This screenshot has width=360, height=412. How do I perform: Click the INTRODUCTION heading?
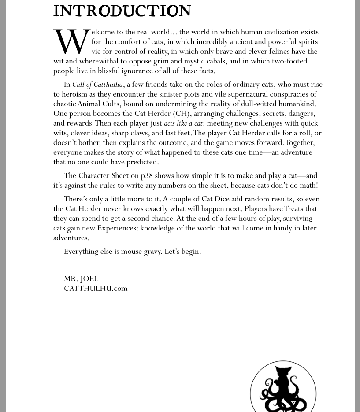pos(122,11)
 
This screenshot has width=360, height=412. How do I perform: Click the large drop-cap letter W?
pos(72,41)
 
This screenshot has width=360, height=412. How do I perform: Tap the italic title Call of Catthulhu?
pos(97,85)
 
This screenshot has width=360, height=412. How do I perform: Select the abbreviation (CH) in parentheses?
pos(182,114)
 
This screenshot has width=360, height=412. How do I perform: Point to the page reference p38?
pos(147,176)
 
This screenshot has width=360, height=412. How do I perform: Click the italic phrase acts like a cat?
pos(183,124)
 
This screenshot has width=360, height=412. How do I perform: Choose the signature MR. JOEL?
pos(81,279)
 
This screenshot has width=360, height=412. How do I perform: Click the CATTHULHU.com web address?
pos(96,289)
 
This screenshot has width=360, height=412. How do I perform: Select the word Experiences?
pos(117,228)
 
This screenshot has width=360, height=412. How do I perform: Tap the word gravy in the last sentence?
pos(152,252)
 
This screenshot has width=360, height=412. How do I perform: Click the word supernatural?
pos(256,94)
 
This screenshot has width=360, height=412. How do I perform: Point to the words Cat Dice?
pos(215,199)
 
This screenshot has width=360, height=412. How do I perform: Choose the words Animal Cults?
pos(98,104)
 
